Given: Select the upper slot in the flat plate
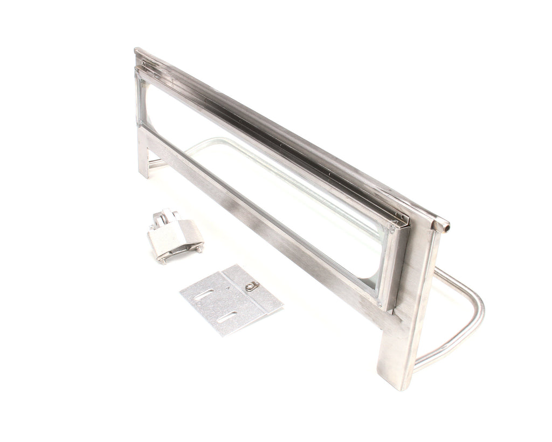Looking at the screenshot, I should pos(204,294).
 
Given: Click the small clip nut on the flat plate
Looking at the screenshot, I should pos(252,287).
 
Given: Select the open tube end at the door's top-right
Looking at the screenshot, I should pos(441,226).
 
